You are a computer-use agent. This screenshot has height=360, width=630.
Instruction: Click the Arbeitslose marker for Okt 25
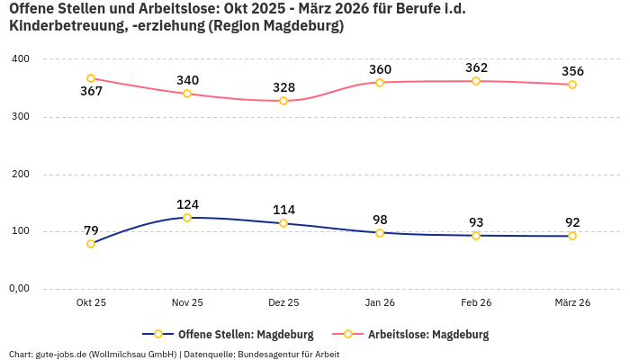coord(91,78)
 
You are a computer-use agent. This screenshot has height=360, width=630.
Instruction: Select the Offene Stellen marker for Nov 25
coord(187,218)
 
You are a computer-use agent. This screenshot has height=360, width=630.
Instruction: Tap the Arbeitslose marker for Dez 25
coord(283,101)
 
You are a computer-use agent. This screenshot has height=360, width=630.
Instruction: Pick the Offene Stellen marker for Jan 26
coord(380,233)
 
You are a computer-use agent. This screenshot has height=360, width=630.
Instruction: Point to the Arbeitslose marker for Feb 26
coord(476,81)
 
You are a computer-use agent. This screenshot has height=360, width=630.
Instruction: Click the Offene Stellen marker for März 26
coord(572,236)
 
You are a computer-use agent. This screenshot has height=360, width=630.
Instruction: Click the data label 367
coord(91,92)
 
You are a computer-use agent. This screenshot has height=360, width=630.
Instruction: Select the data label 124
coord(187,204)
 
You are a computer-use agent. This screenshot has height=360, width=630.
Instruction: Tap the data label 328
coord(283,87)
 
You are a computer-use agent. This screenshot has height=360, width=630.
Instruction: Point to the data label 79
coord(91,230)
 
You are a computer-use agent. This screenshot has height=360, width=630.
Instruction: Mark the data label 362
coord(476,67)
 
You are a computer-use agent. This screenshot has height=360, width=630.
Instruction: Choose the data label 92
coord(572,222)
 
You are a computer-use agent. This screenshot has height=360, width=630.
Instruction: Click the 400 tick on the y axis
coord(20,59)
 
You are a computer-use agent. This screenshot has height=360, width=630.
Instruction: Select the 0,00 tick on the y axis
coord(19,289)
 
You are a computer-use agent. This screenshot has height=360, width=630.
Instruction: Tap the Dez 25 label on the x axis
coord(283,303)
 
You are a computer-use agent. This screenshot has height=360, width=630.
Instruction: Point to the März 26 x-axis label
coord(572,303)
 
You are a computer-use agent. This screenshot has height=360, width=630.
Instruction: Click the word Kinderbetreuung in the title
coord(64,27)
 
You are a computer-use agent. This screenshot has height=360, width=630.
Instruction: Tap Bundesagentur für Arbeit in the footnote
coord(288,354)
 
